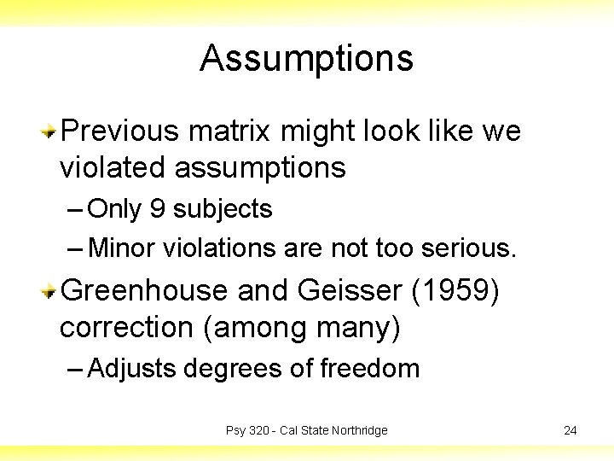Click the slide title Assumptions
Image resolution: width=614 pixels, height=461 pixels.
coord(306,59)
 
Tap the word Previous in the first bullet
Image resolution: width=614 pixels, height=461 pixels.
coord(120,131)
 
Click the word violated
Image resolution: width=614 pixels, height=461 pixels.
coord(113,168)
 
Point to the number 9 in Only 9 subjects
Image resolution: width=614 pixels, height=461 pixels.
coord(157,209)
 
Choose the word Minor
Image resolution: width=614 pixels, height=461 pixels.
coord(123,248)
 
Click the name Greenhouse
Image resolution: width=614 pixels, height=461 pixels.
coord(144,291)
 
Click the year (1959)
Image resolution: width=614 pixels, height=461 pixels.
coord(456,291)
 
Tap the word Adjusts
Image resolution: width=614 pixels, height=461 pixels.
coord(132,369)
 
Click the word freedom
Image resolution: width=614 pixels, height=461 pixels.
coord(370,369)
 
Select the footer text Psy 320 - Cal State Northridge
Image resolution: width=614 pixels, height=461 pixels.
coord(306,430)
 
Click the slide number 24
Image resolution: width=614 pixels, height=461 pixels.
coord(570,430)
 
